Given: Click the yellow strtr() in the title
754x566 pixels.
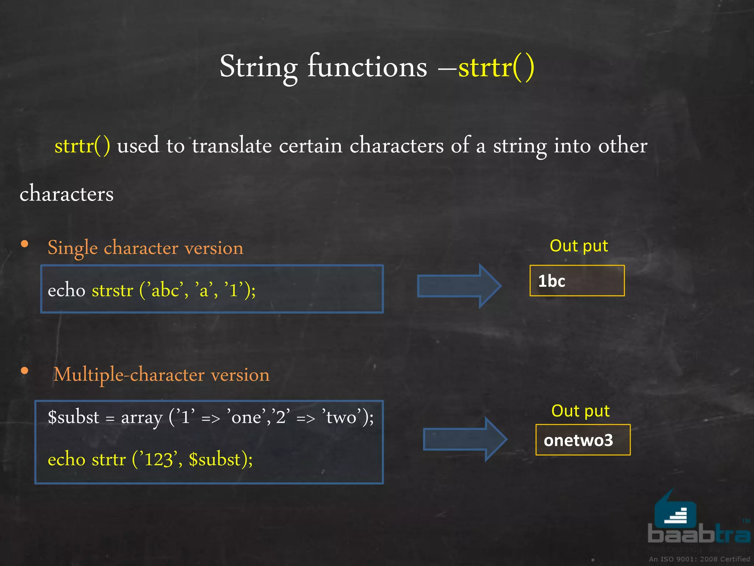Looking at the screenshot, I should point(496,67).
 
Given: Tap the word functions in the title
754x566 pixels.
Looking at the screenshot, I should point(367,67).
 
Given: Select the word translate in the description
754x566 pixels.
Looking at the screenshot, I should point(232,145).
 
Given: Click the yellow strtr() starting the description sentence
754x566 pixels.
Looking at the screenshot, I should point(82,146).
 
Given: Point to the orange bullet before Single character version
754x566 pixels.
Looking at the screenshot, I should point(25,244).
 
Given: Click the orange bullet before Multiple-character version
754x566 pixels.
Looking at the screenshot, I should point(25,371).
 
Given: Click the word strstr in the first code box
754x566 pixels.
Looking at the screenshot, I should point(112,290).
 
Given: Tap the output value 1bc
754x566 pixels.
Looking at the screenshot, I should point(551,281).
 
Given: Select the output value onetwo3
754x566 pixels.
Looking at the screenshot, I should point(578,440).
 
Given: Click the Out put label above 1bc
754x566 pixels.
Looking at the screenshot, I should point(578,246).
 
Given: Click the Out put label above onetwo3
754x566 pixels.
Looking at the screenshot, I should point(580,411).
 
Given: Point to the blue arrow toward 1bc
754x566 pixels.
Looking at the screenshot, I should point(459,286).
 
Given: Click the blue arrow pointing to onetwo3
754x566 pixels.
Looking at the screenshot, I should point(465,439).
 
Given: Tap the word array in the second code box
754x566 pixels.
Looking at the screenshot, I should point(142,418).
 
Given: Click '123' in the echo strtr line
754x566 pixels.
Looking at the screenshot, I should point(158,460).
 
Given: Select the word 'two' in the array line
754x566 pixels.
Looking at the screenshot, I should point(341,417).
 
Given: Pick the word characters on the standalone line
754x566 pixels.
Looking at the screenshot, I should point(67,193).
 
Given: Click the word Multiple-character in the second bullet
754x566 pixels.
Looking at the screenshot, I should point(129,375).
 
